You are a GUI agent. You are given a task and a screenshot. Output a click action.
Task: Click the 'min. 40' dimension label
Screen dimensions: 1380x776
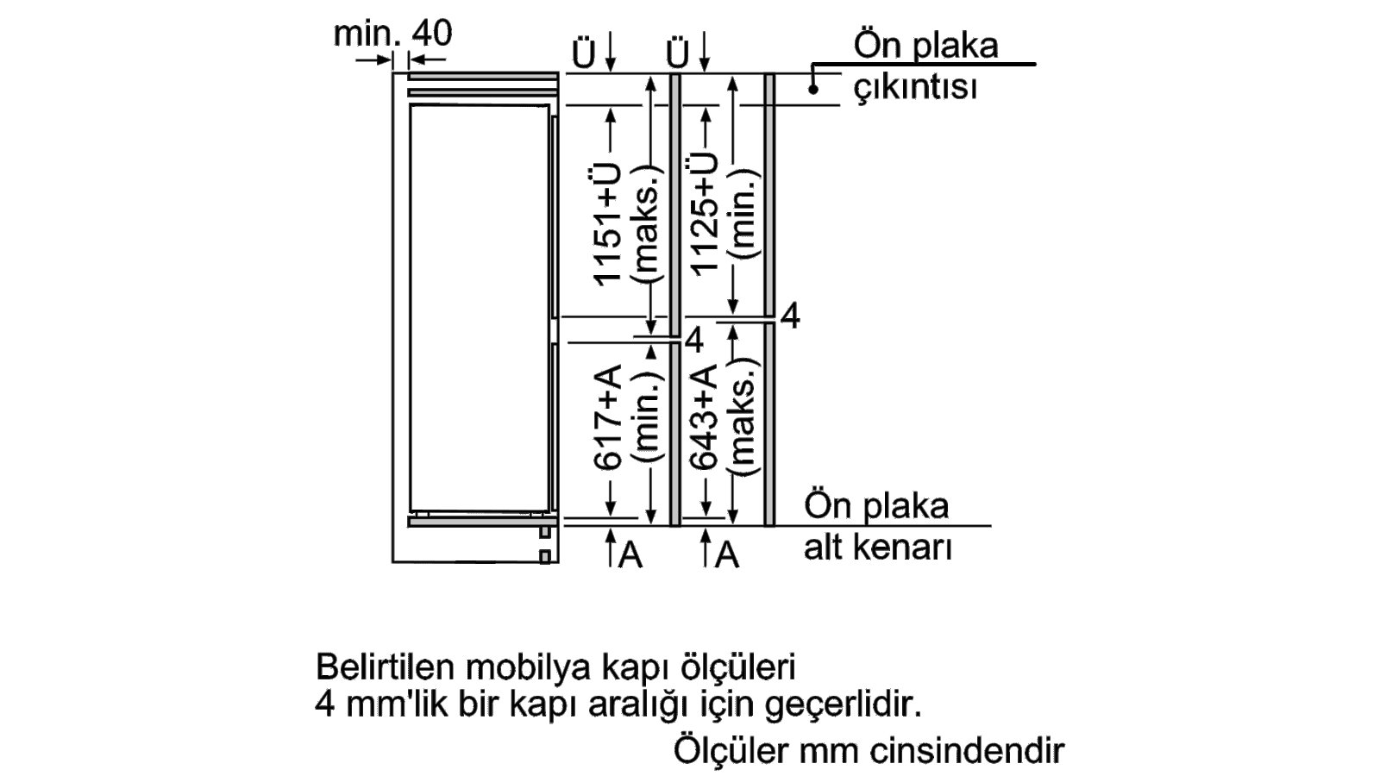click(392, 33)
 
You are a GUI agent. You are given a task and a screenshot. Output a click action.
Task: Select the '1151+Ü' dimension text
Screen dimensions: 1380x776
click(607, 224)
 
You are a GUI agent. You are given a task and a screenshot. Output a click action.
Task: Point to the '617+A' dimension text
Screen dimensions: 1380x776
click(607, 416)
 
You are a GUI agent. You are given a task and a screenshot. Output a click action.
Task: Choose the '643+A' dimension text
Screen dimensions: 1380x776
click(704, 416)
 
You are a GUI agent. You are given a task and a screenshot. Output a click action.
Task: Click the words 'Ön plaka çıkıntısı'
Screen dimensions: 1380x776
click(925, 66)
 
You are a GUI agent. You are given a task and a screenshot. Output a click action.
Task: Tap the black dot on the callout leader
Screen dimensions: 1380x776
click(813, 90)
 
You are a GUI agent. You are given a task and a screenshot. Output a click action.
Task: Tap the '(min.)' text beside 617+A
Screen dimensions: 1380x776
click(647, 417)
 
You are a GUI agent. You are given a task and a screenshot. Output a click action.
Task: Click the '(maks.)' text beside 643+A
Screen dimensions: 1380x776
click(743, 417)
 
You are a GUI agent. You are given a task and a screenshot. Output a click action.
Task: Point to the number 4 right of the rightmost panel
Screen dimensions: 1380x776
click(790, 316)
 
